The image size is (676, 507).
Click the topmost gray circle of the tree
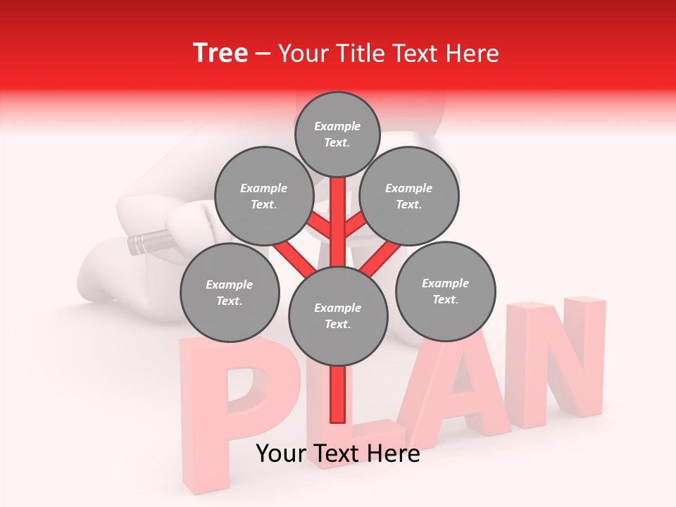337,134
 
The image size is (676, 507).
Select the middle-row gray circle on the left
263,196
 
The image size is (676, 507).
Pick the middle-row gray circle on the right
408,196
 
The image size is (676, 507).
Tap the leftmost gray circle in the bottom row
229,292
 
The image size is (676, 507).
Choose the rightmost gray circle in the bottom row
445,291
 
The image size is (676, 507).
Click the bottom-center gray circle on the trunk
337,316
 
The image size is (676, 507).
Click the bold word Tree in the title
220,53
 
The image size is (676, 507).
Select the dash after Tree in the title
263,54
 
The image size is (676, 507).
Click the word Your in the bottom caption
280,453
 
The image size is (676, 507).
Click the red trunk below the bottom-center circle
337,394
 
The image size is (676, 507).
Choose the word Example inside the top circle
337,126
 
